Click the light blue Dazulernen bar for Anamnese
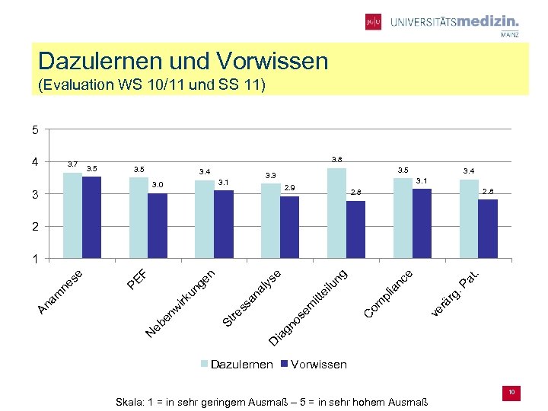72,215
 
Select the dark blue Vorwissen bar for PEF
158,226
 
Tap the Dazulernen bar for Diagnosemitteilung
336,213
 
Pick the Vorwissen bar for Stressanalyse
289,228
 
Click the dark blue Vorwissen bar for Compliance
422,224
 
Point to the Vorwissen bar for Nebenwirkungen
224,225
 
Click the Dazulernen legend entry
236,365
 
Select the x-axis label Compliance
389,293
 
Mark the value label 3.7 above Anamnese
72,164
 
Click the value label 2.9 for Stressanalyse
289,186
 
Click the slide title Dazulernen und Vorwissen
183,60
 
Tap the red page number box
512,393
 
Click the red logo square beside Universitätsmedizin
373,22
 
